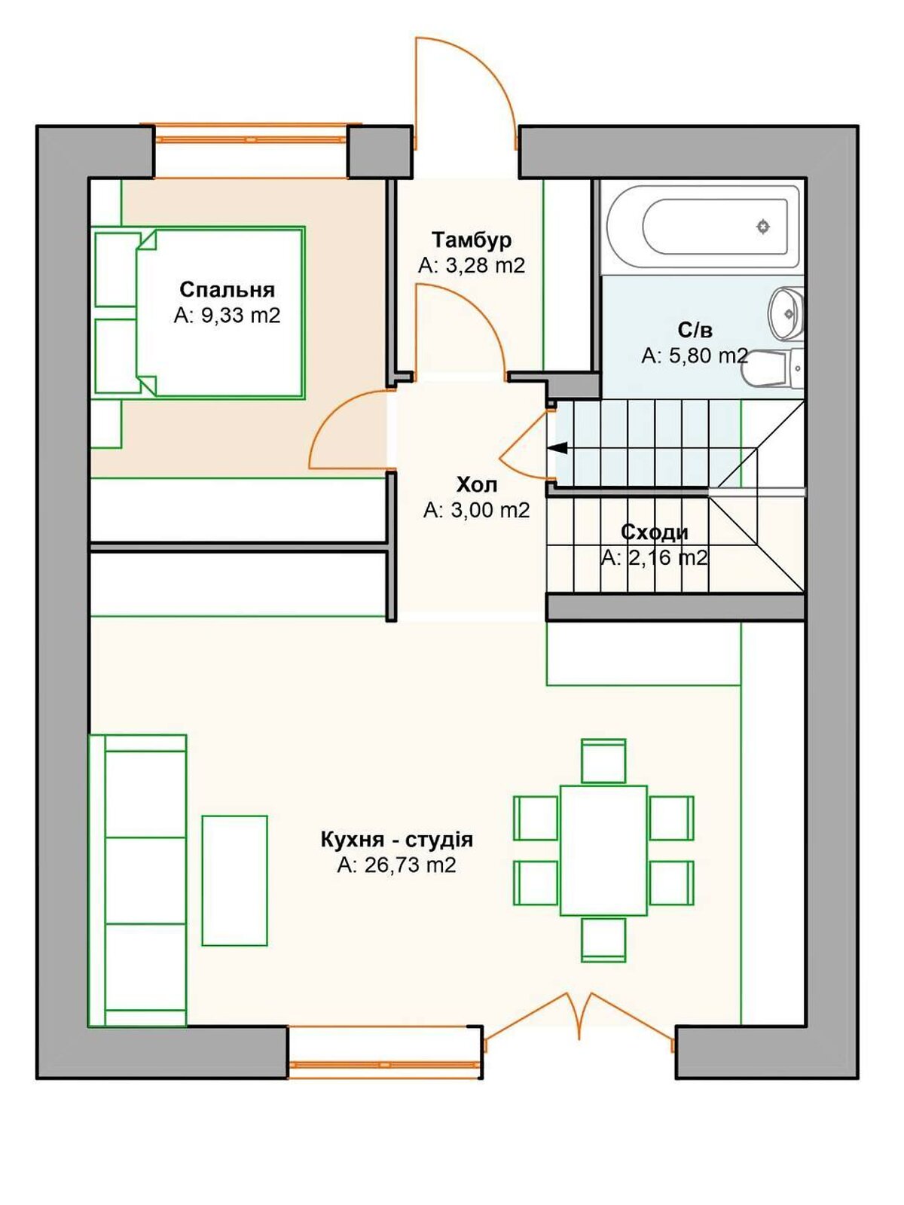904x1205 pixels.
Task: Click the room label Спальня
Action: pos(228,289)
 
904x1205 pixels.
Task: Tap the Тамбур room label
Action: pos(472,239)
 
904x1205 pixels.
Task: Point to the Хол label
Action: pos(476,485)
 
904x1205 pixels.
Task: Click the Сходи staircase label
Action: pos(654,532)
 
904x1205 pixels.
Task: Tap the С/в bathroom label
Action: pos(695,330)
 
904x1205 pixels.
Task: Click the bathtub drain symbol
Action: pos(762,226)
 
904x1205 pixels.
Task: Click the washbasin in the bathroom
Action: pos(786,313)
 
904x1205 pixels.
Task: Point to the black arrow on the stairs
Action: pos(557,448)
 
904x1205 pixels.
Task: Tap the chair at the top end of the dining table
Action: pos(603,761)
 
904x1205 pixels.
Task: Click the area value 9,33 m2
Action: pos(228,315)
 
